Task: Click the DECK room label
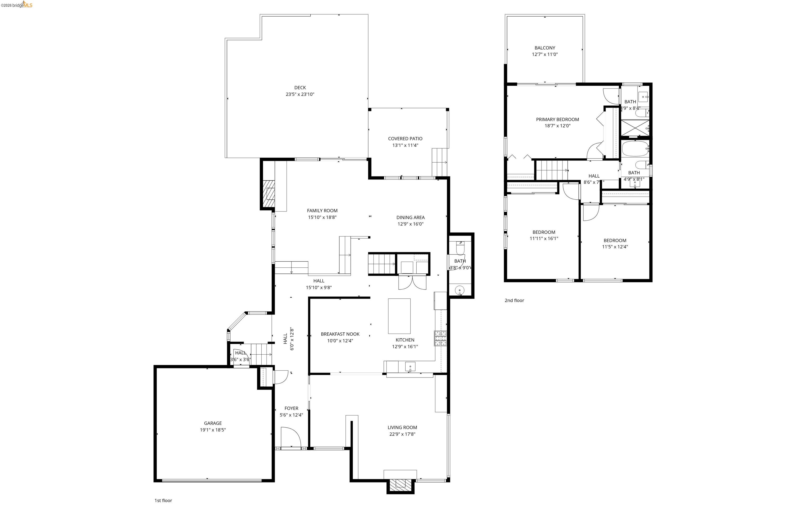300,87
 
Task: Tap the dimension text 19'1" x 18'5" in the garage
213,430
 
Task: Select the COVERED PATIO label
405,139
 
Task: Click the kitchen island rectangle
399,316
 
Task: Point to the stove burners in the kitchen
441,338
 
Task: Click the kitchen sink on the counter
410,366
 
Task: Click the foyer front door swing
290,437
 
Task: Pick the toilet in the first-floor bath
460,249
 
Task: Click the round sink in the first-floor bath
459,290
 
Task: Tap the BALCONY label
544,48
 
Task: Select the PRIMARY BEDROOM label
557,119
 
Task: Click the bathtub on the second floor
635,148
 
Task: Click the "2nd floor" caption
514,300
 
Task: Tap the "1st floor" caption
163,500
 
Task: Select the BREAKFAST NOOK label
340,334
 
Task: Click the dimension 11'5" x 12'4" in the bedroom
614,247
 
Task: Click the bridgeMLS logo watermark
17,5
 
